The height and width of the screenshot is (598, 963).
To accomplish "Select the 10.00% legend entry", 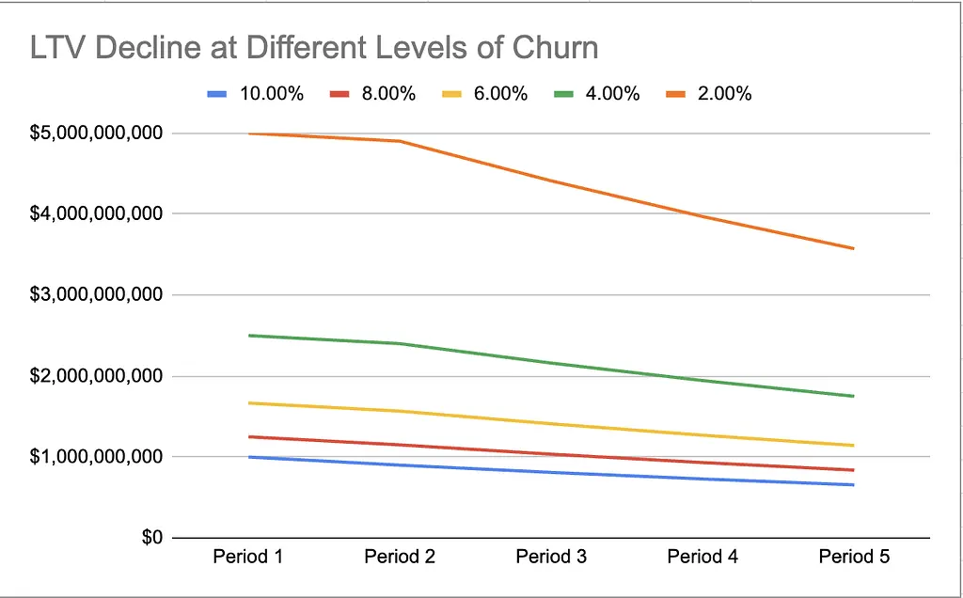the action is coord(256,94).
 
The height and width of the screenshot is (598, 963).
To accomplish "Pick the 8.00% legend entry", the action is coord(372,94).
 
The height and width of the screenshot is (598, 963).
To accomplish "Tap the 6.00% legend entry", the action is coord(484,94).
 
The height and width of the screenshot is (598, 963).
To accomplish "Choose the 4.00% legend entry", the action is coord(597,94).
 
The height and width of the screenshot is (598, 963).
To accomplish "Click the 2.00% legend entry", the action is coord(709,94).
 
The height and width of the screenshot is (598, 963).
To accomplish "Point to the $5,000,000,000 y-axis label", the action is coord(97,133).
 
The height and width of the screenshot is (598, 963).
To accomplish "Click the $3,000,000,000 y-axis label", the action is coord(97,294).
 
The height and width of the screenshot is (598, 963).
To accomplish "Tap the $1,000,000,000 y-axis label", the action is coord(97,457).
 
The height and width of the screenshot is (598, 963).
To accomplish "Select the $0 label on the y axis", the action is coord(152,538).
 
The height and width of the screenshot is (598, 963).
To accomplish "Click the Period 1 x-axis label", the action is coord(248,557).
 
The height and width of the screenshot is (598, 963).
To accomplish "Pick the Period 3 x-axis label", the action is coord(551,557).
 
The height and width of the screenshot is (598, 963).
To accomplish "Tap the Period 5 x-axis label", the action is coord(854,557).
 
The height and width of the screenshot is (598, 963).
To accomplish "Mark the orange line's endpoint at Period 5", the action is coord(854,248).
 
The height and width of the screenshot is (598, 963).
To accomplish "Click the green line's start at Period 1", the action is coord(248,336).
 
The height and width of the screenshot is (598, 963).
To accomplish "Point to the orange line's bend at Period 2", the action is coord(400,141).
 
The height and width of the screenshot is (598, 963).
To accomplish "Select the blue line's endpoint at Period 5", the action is coord(854,485).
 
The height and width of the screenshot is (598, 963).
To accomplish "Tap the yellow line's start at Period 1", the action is coord(248,402).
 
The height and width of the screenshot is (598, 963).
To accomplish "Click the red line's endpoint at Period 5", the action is coord(854,470).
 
